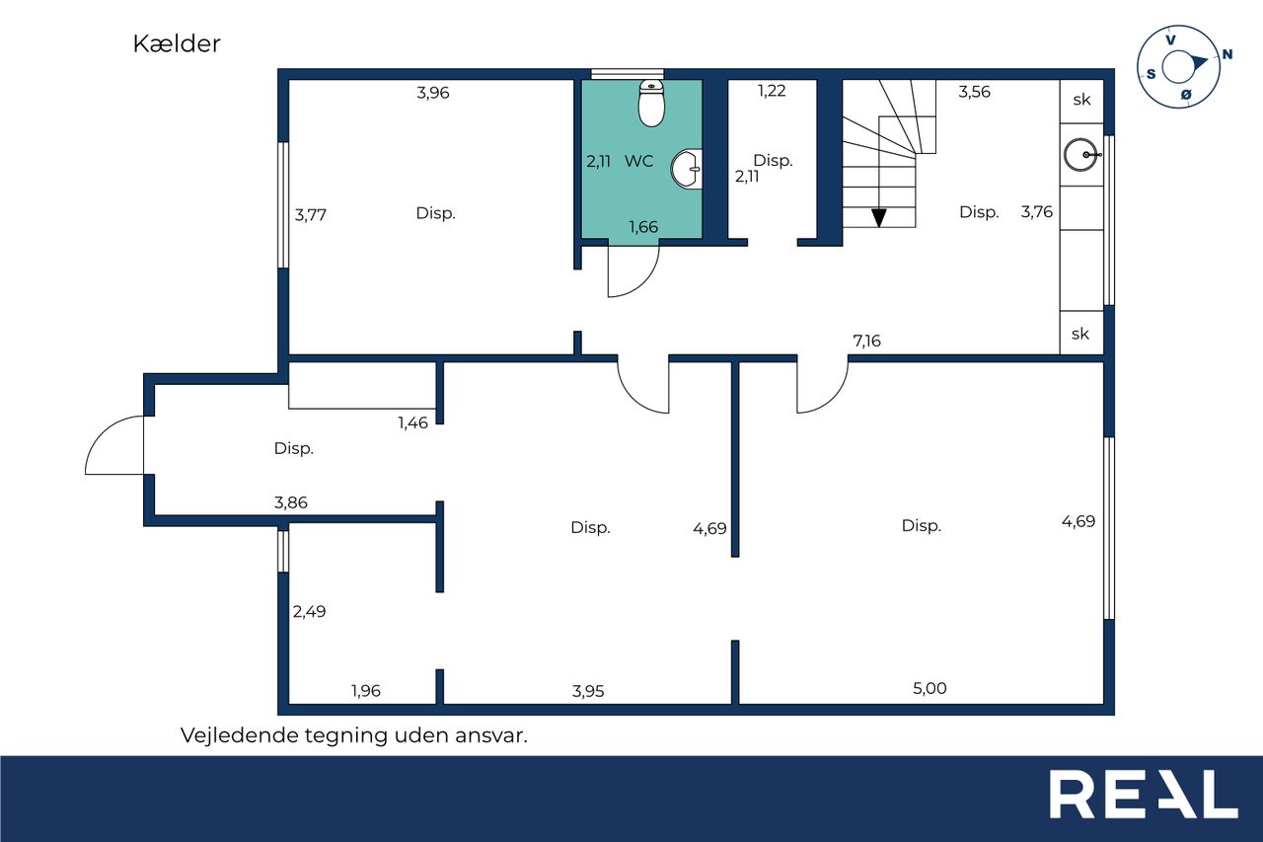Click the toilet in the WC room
[651, 104]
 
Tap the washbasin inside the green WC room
[687, 169]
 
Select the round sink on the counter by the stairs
[1080, 155]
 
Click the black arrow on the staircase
[878, 217]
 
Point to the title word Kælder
[177, 44]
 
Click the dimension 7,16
[866, 341]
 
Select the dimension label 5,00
[929, 688]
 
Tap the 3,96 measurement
[433, 93]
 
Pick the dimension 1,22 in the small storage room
[772, 91]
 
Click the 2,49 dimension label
[309, 611]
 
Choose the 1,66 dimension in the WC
[643, 227]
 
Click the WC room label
[638, 161]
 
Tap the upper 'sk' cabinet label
[1081, 100]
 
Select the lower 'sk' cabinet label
[1080, 334]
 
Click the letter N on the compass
[1226, 54]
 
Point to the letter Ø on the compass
[1186, 95]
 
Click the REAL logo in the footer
[1144, 794]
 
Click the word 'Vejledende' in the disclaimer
[239, 735]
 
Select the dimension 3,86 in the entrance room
[291, 502]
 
